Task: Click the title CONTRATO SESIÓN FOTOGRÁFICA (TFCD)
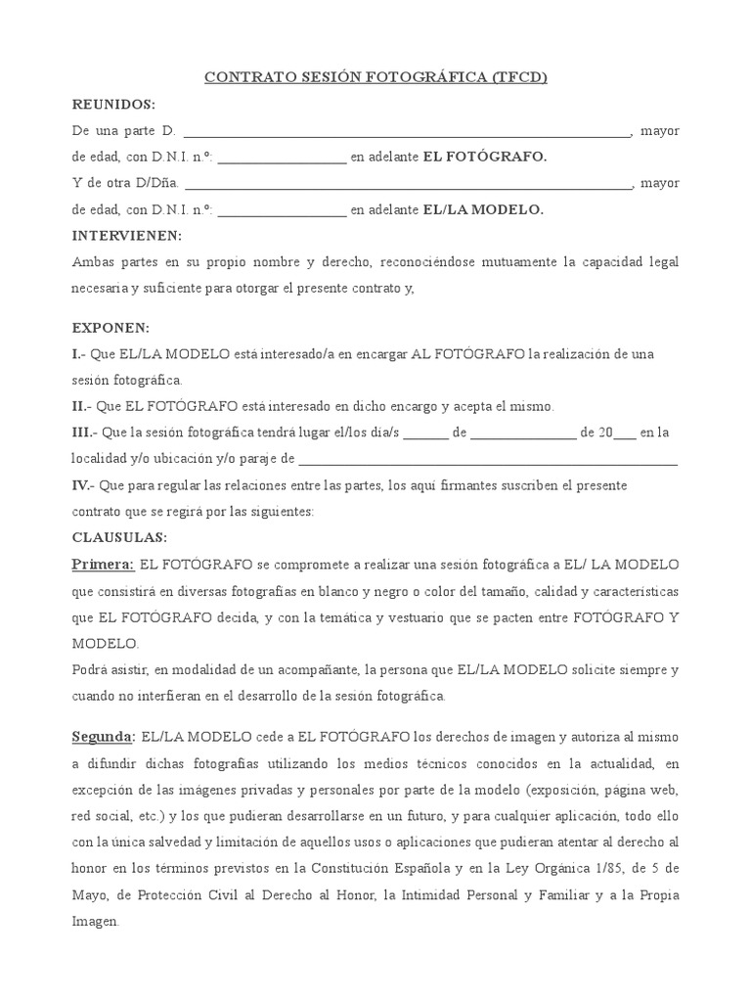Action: [375, 77]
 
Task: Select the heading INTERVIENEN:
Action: [127, 236]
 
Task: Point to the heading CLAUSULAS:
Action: [119, 537]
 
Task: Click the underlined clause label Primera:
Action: [103, 565]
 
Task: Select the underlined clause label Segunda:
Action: [103, 735]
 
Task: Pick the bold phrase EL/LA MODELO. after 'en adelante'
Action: [482, 209]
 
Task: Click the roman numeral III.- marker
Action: [85, 432]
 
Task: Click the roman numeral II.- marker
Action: [82, 405]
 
